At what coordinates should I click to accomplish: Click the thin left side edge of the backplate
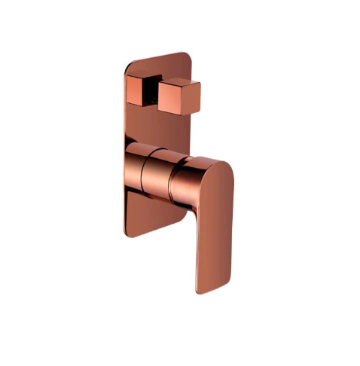[x=121, y=151]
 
